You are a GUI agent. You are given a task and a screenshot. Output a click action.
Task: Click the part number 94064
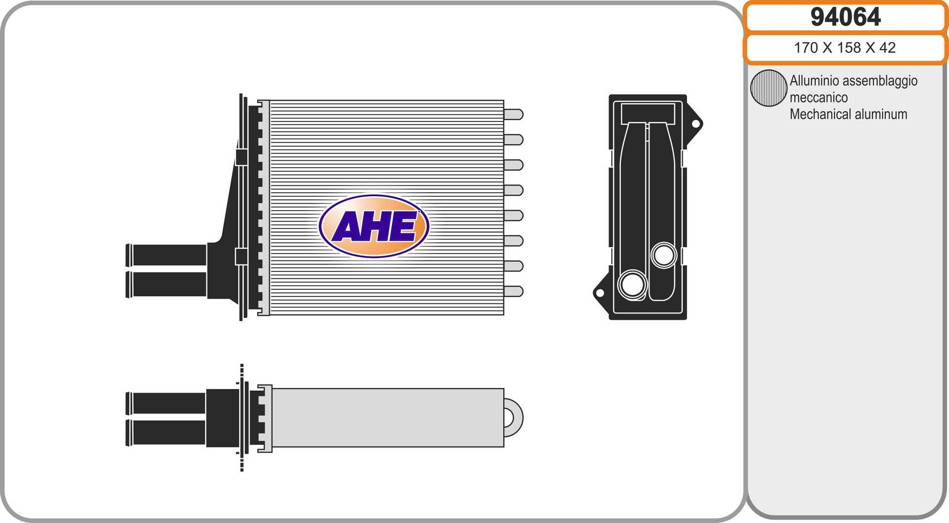pyautogui.click(x=845, y=17)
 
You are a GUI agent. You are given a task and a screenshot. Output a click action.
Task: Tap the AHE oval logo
pyautogui.click(x=374, y=226)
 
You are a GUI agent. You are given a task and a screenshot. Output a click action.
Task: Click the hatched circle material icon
pyautogui.click(x=768, y=88)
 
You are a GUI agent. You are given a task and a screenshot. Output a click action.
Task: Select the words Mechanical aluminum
pyautogui.click(x=848, y=114)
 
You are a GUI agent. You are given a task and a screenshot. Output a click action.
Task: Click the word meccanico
pyautogui.click(x=819, y=97)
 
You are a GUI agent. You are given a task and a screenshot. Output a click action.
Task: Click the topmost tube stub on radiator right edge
pyautogui.click(x=514, y=115)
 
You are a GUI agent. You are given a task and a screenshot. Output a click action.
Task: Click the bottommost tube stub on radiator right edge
pyautogui.click(x=514, y=291)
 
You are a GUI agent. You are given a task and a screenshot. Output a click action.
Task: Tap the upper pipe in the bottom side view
pyautogui.click(x=167, y=403)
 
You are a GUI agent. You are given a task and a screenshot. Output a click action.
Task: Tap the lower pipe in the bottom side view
pyautogui.click(x=167, y=433)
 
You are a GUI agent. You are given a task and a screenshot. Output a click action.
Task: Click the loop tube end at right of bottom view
pyautogui.click(x=514, y=418)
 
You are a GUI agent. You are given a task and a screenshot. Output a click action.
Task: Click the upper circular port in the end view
pyautogui.click(x=663, y=255)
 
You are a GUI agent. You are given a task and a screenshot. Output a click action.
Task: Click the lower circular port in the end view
pyautogui.click(x=632, y=284)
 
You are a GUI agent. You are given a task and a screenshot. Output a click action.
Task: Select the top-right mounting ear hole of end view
pyautogui.click(x=695, y=124)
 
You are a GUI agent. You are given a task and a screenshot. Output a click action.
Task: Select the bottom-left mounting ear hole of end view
pyautogui.click(x=600, y=293)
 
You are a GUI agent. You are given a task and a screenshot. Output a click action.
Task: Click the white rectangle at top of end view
pyautogui.click(x=647, y=113)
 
